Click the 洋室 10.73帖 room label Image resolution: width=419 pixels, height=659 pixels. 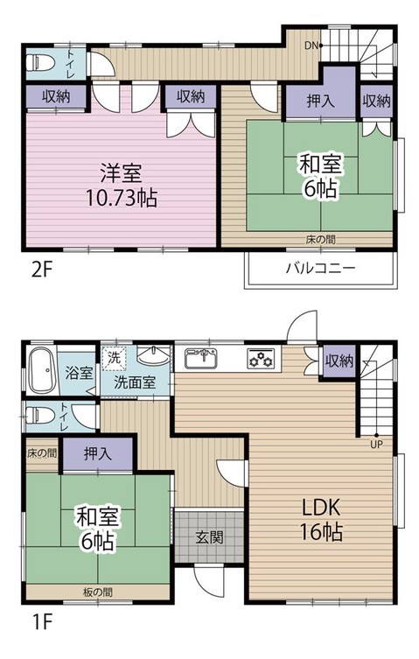122,185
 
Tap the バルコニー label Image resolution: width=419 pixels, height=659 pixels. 319,268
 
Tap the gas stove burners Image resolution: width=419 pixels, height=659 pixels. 261,358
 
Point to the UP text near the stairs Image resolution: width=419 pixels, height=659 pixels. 377,444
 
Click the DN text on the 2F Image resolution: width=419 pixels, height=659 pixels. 311,45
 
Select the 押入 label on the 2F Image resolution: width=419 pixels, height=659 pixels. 320,102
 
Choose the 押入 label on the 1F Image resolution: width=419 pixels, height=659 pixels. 97,453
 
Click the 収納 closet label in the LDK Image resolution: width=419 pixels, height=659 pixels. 339,360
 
